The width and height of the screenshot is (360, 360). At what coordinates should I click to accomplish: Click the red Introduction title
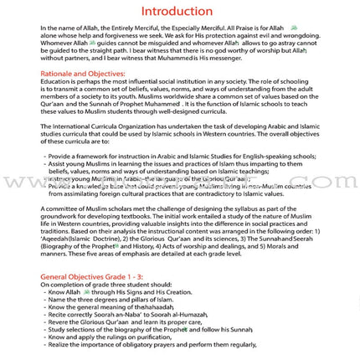(177, 11)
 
